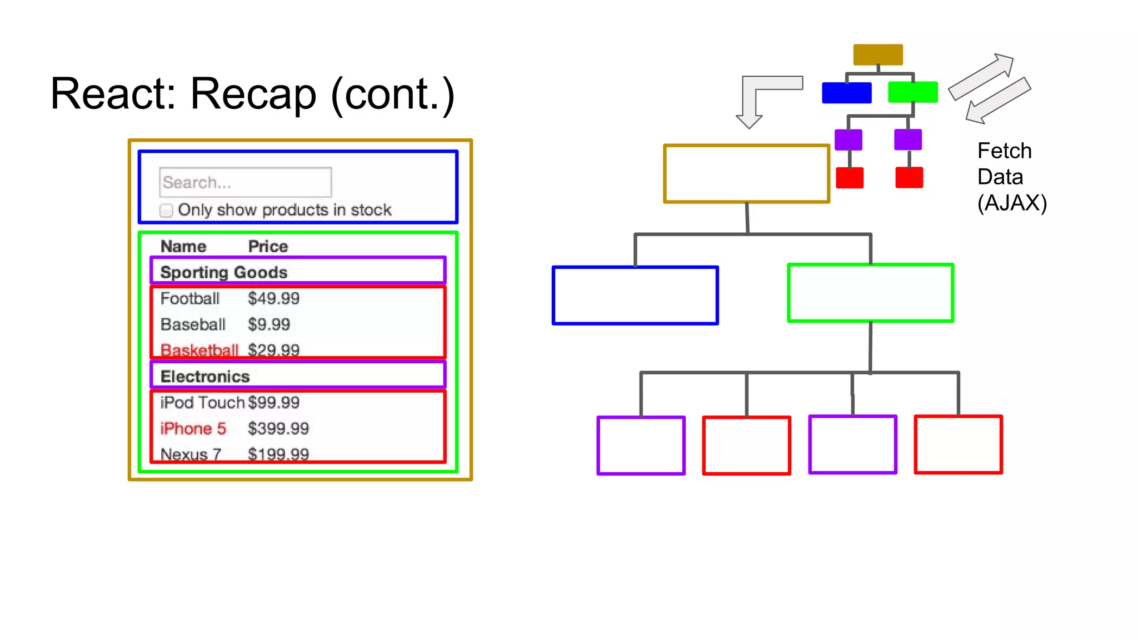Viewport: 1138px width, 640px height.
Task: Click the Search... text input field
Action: tap(245, 182)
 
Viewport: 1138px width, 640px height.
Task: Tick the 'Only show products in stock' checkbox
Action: tap(166, 211)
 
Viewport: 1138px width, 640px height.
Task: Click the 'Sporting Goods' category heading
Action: tap(223, 272)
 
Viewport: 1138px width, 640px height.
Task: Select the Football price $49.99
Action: tap(273, 298)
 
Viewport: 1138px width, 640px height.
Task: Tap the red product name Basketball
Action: tap(199, 350)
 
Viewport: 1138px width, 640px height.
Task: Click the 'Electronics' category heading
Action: tap(205, 376)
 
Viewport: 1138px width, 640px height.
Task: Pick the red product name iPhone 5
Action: tap(193, 428)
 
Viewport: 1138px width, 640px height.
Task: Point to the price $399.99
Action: tap(278, 428)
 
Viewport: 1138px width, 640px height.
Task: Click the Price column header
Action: tap(268, 246)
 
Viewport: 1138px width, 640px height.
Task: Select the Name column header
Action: tap(183, 246)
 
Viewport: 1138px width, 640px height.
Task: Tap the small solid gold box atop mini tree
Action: tap(878, 54)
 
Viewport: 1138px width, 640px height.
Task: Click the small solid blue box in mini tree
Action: tap(846, 93)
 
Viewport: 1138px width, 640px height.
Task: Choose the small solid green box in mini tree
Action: tap(913, 92)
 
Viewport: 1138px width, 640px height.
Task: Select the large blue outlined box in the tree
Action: tap(635, 296)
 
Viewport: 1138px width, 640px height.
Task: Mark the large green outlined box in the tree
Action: tap(871, 293)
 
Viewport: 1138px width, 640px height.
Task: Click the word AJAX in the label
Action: tap(1012, 203)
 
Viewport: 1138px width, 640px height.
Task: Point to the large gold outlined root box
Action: tap(746, 174)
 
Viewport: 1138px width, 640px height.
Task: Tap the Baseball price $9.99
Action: tap(269, 324)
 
